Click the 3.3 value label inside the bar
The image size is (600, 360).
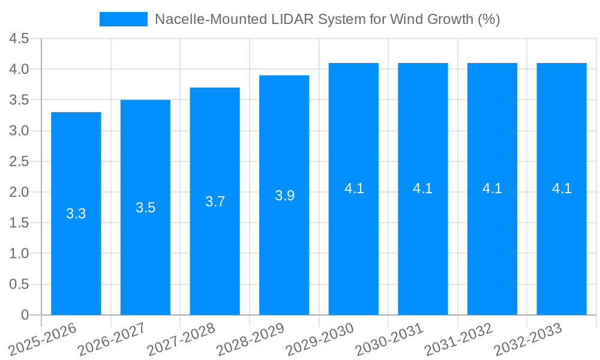[x=76, y=214]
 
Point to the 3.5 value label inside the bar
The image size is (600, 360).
[x=146, y=208]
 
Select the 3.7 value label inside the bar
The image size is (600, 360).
[x=215, y=202]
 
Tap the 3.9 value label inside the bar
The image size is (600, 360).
[x=284, y=196]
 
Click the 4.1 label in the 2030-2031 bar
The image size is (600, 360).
[x=423, y=188]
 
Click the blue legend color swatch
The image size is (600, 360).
[x=124, y=19]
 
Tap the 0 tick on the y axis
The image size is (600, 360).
[x=25, y=315]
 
